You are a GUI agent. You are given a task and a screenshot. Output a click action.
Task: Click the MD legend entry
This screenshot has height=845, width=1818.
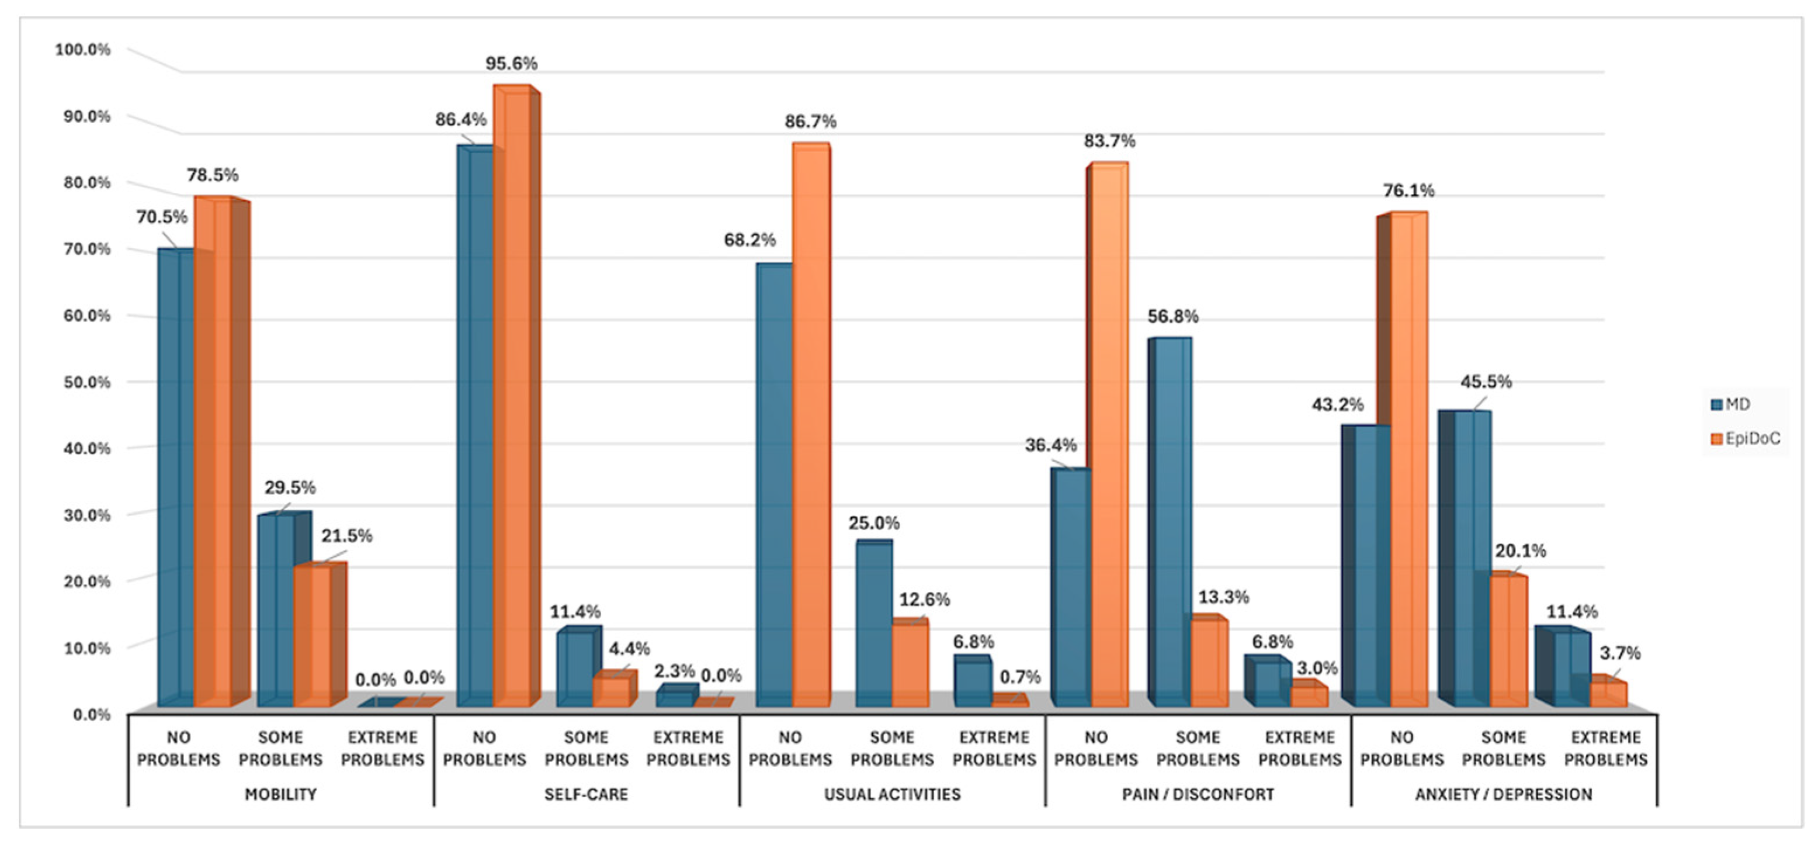1730,404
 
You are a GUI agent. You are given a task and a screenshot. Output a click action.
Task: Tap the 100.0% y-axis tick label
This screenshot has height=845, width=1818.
84,50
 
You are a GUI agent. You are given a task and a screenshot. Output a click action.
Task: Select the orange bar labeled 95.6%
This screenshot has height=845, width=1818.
516,396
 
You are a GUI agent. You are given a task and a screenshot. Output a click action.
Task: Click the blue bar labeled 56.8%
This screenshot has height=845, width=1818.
1170,522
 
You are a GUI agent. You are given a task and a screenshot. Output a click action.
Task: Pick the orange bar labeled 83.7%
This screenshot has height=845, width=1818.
1108,435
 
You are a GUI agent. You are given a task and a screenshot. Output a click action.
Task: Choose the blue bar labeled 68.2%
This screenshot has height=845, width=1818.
774,485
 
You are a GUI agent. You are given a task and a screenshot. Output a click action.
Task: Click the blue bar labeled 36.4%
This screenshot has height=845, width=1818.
1071,587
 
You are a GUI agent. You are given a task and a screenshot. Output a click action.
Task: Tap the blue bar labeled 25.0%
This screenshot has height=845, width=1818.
874,624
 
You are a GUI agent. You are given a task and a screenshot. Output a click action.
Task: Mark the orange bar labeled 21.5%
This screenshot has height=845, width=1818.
320,635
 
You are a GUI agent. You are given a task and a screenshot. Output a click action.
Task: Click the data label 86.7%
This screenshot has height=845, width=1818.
810,122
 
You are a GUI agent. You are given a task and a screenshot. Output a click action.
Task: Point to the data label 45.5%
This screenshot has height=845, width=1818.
1486,382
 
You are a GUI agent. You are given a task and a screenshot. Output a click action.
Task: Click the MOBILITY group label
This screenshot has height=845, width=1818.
280,794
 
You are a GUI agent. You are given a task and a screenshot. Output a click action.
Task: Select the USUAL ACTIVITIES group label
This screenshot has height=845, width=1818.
892,794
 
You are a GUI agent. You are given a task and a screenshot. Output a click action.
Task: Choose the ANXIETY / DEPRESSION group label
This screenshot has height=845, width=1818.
1503,794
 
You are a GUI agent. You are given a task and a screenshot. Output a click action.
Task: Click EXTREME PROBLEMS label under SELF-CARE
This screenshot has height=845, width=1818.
688,749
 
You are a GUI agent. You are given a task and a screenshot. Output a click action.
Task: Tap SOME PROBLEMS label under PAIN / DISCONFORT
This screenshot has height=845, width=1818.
1198,749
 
